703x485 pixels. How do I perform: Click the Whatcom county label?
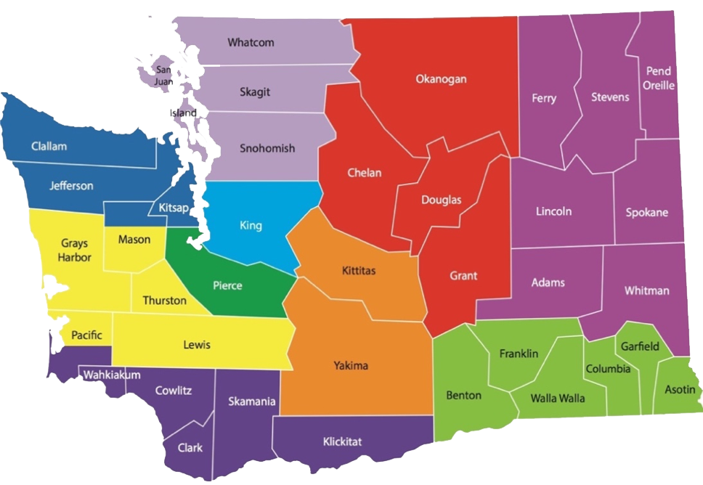tap(251, 42)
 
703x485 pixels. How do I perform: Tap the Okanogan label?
tap(441, 79)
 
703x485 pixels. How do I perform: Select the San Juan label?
tap(163, 76)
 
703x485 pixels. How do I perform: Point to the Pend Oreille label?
tap(659, 78)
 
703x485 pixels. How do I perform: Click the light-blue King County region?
tap(251, 226)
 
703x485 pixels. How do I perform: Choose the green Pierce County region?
tap(227, 285)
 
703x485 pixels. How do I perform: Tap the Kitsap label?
tap(174, 208)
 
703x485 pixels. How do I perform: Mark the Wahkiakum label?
tap(111, 375)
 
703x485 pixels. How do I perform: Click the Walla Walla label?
tap(557, 398)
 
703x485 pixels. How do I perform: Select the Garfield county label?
tap(640, 346)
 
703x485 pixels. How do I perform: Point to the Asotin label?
tap(680, 390)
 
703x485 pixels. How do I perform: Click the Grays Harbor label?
tap(74, 250)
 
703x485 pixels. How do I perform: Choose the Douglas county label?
tap(441, 200)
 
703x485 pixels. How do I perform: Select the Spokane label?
tap(646, 213)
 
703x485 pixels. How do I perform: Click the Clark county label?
tap(190, 448)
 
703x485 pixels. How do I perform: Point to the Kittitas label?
tap(359, 271)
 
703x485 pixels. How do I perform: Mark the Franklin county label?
tap(519, 354)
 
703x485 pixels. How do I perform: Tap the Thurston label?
tap(164, 300)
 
